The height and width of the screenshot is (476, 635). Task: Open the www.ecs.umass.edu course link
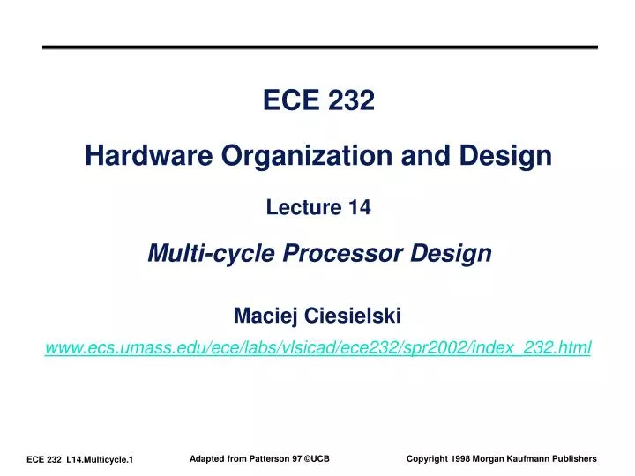coord(317,348)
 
